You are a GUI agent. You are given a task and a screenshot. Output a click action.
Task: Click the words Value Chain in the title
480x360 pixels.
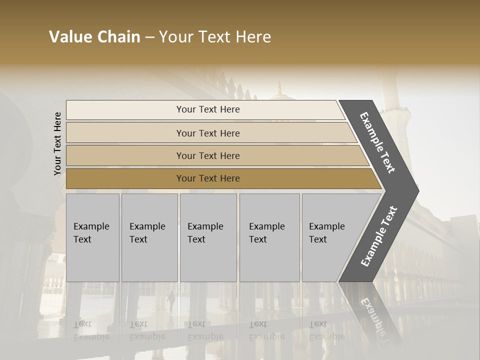pyautogui.click(x=94, y=37)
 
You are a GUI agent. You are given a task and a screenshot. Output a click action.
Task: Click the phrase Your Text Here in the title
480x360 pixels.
pyautogui.click(x=215, y=37)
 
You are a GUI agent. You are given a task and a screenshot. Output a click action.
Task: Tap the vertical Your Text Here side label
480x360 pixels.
pyautogui.click(x=57, y=143)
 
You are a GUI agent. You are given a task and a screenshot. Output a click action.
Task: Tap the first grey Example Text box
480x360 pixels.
pyautogui.click(x=92, y=237)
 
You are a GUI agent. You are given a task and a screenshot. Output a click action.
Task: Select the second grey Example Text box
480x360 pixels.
pyautogui.click(x=149, y=237)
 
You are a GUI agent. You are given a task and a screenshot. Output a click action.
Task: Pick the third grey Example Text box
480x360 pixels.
pyautogui.click(x=208, y=237)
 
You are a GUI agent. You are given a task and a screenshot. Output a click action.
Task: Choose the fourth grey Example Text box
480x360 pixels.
pyautogui.click(x=269, y=237)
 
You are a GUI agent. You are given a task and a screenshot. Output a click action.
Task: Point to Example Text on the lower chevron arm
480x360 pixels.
pyautogui.click(x=379, y=236)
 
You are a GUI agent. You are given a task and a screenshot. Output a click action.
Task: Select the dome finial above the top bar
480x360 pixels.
pyautogui.click(x=279, y=89)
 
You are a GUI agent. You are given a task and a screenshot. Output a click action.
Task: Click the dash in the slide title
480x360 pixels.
pyautogui.click(x=149, y=37)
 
